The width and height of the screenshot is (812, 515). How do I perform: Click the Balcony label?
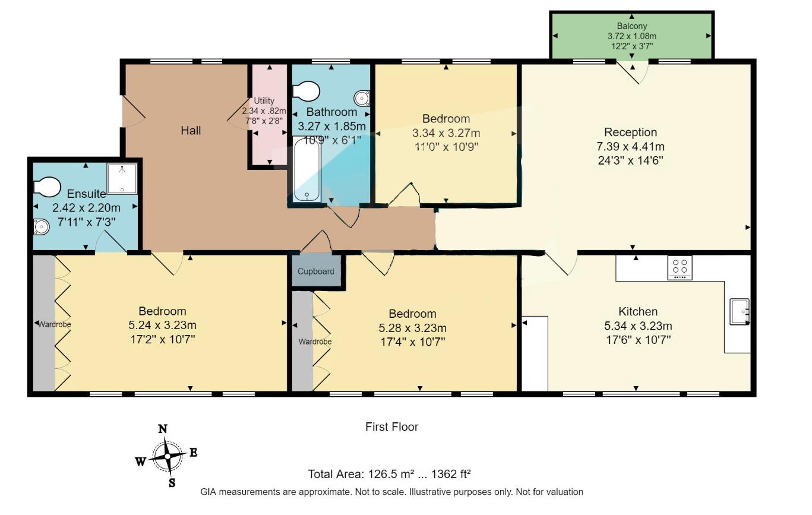click(x=631, y=26)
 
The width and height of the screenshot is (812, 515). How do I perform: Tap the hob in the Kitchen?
click(x=680, y=267)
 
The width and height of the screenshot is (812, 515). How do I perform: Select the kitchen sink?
click(x=740, y=311)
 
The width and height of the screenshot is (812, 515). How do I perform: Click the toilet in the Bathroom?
click(x=306, y=92)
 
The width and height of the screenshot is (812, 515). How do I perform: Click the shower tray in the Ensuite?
click(x=122, y=178)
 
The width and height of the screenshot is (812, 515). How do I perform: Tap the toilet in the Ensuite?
click(x=47, y=188)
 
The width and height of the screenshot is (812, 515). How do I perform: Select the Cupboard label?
click(x=316, y=271)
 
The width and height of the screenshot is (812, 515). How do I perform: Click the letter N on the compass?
click(x=163, y=429)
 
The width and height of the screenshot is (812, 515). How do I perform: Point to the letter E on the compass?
click(x=194, y=453)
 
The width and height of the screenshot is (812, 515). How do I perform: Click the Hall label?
click(x=191, y=130)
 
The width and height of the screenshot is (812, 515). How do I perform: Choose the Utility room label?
click(x=264, y=100)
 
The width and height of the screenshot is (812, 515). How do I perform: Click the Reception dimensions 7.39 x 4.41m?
click(x=631, y=147)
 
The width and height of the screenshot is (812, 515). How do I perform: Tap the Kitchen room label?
click(x=638, y=311)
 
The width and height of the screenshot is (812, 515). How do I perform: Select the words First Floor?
click(x=391, y=426)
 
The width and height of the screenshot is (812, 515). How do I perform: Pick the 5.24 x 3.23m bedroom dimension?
click(x=162, y=326)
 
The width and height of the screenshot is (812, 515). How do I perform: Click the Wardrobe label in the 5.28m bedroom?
click(x=315, y=342)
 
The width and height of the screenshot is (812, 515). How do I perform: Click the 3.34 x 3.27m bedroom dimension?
click(x=446, y=132)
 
